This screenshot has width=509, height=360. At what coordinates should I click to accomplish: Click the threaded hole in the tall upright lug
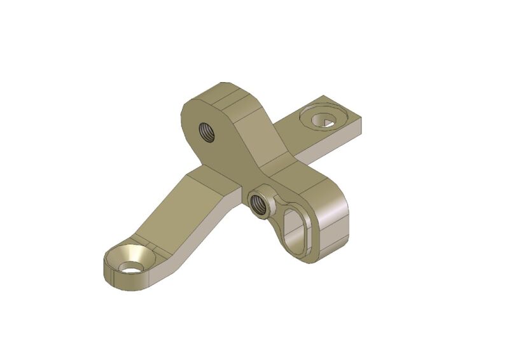207,132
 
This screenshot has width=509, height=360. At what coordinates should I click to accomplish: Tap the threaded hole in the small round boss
259,204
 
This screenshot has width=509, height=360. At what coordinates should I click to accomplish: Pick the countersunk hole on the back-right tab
324,120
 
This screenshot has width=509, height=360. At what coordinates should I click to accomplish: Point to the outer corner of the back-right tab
363,118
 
